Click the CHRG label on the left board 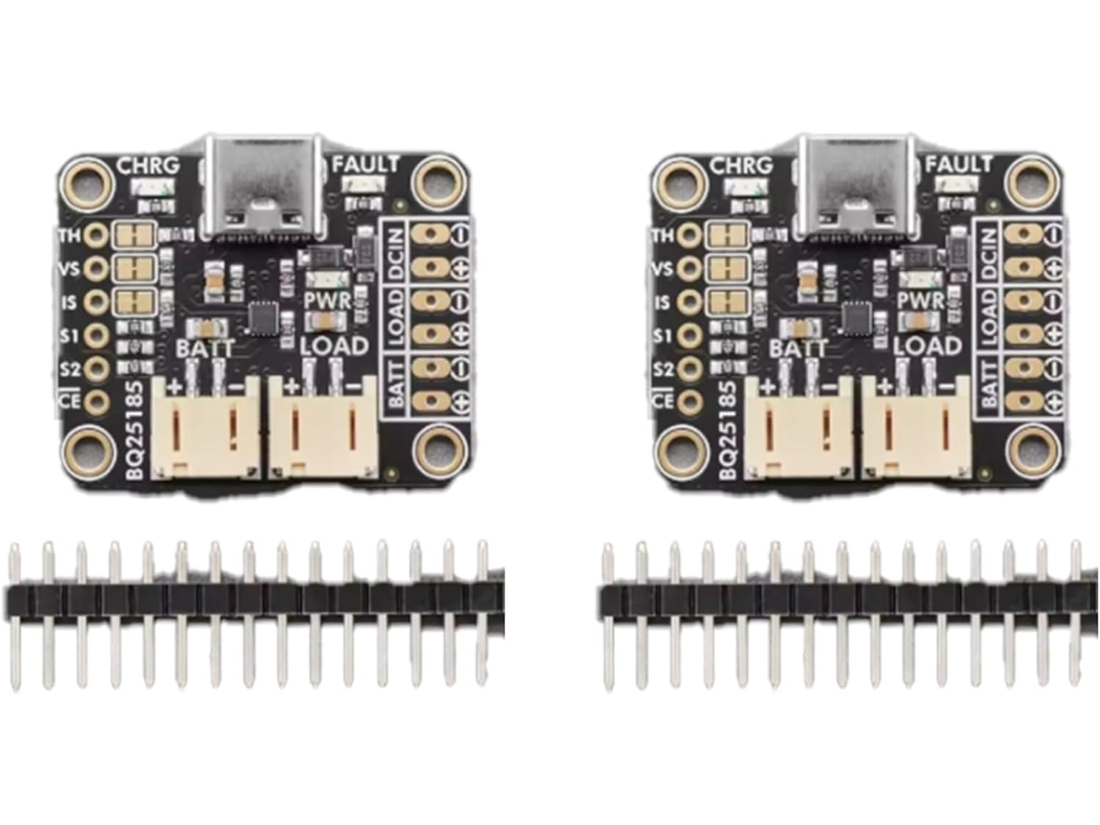[148, 166]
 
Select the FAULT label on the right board [957, 165]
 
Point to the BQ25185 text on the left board [135, 429]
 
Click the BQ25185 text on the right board [729, 429]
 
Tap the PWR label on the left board [327, 301]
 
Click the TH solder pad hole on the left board [96, 235]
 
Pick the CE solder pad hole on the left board [96, 401]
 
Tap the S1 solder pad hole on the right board [690, 336]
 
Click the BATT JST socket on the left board [206, 427]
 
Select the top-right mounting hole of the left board [437, 180]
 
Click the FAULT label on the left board [364, 165]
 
